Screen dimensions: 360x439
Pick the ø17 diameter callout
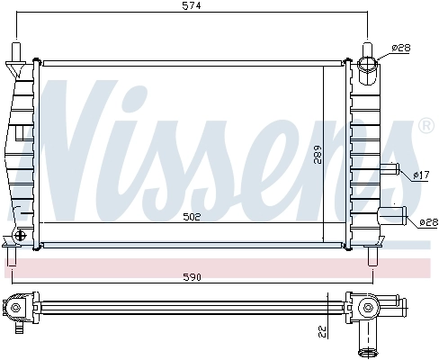pyautogui.click(x=419, y=175)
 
